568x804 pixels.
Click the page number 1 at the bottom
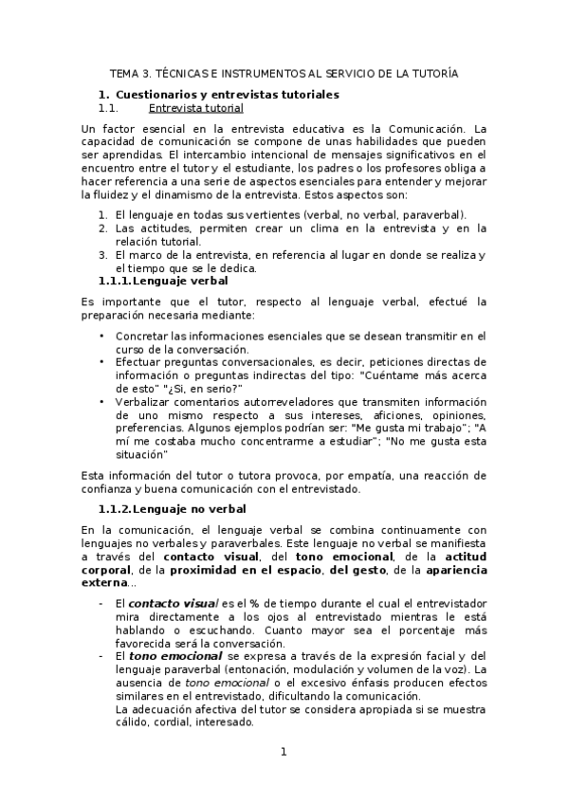[283, 753]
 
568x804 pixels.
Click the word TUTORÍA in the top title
[431, 73]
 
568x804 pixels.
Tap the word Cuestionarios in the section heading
[158, 95]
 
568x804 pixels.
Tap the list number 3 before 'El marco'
[102, 255]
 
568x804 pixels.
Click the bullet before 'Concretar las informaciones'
[102, 336]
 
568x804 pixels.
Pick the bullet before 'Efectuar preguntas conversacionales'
[102, 362]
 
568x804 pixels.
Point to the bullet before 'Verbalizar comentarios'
[102, 401]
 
